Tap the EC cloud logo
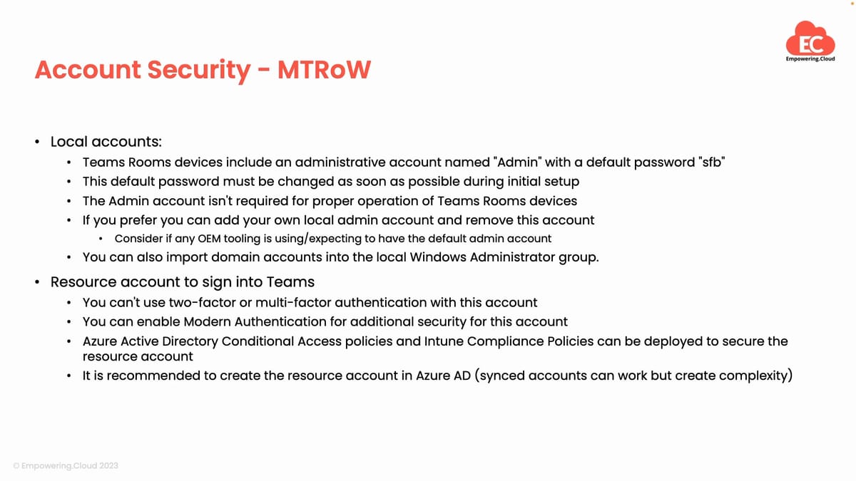pos(810,42)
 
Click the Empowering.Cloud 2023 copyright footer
pos(66,465)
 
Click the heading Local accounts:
pos(106,142)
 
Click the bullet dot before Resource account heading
pos(36,282)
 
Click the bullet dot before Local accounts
pos(36,142)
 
